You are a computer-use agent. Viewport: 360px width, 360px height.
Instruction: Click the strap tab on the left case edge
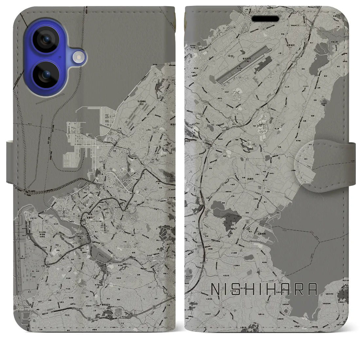(x=10, y=162)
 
